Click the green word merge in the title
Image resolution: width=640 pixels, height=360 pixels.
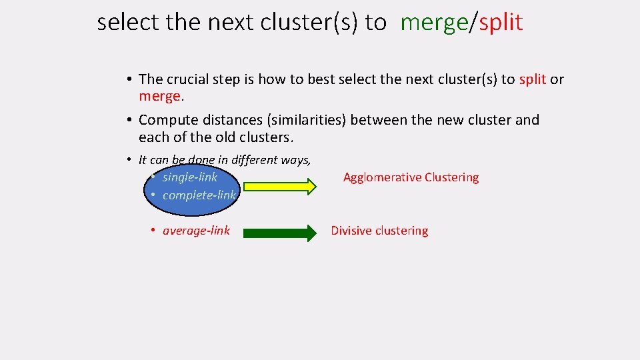[435, 23]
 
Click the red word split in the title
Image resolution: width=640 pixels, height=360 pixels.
[501, 23]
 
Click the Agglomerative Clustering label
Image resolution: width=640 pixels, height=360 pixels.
[411, 177]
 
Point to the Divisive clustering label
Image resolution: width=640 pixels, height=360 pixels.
[379, 231]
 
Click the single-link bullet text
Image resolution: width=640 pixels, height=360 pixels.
[189, 177]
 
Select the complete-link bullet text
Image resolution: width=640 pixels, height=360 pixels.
[199, 195]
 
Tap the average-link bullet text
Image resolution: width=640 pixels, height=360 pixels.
[196, 231]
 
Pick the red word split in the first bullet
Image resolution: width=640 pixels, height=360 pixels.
[533, 79]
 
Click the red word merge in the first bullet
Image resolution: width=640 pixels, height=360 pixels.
[159, 96]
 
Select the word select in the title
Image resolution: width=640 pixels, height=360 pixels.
[129, 23]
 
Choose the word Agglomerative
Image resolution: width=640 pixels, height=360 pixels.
[381, 177]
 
